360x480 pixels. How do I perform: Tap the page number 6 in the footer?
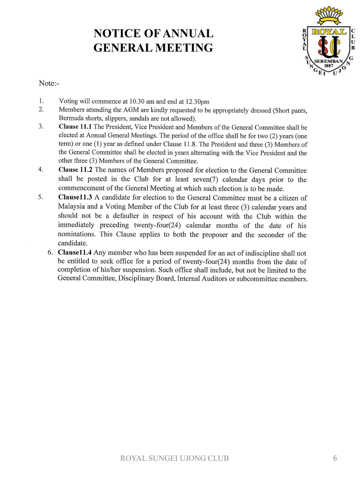coord(335,458)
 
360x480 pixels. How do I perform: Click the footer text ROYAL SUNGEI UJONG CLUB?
coord(175,458)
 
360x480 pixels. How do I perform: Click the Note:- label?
coord(49,83)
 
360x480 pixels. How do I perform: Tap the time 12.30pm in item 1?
coord(197,102)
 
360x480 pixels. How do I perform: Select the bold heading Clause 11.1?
coord(75,127)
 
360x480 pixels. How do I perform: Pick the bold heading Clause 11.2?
coord(75,170)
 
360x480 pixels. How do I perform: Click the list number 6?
coord(50,252)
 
